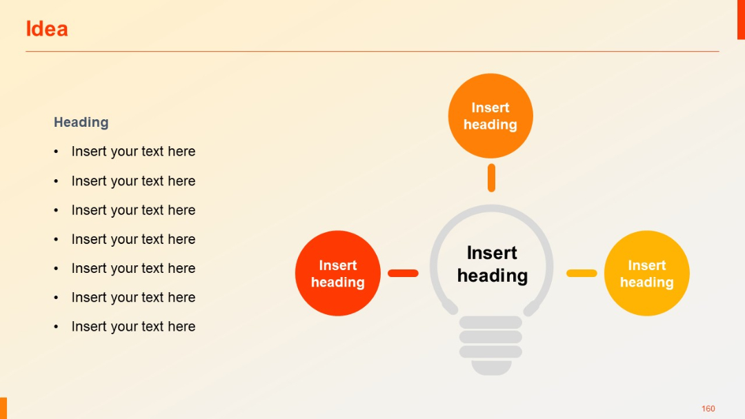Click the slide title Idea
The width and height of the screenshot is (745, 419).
[x=47, y=29]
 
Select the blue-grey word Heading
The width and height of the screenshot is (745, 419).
[x=81, y=123]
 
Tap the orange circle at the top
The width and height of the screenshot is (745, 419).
[x=490, y=116]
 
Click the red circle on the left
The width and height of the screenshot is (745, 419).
[x=338, y=274]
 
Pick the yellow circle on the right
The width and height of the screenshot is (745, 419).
[x=647, y=274]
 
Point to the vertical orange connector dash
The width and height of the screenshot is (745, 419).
[x=491, y=178]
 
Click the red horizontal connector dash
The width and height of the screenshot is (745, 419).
[x=403, y=274]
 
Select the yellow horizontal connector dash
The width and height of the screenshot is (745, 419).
[x=582, y=274]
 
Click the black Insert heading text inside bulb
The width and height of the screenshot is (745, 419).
[x=492, y=265]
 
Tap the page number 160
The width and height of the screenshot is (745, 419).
[x=708, y=409]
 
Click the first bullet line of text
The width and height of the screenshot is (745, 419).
[x=133, y=152]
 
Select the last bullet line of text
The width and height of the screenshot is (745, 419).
[x=133, y=327]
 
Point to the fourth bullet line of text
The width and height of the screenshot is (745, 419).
[x=133, y=239]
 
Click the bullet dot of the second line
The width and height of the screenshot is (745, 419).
[x=57, y=181]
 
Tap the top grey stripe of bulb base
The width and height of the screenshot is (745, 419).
[x=490, y=322]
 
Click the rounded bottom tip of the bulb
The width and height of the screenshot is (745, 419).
[x=491, y=368]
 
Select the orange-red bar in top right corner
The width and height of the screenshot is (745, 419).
[x=741, y=19]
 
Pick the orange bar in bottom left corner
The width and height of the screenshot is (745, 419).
[x=3, y=408]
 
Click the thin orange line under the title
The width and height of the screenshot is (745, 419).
[x=372, y=52]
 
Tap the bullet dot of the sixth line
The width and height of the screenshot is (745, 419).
[x=57, y=298]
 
